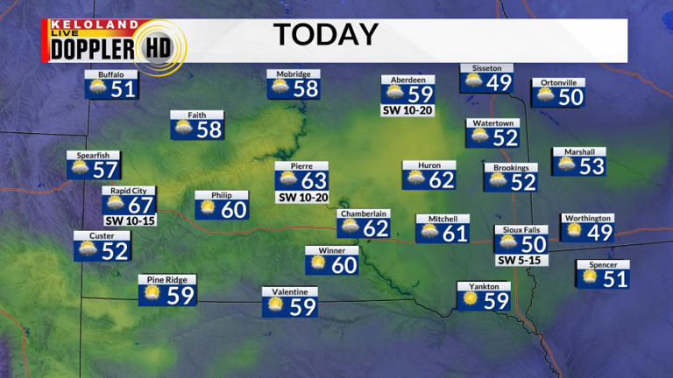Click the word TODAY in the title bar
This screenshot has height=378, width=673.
pyautogui.click(x=326, y=35)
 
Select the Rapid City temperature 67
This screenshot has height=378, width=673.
pyautogui.click(x=140, y=204)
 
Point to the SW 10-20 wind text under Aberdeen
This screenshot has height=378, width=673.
pyautogui.click(x=407, y=111)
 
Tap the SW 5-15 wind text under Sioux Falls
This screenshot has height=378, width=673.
pyautogui.click(x=521, y=261)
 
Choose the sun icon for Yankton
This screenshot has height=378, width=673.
pyautogui.click(x=471, y=299)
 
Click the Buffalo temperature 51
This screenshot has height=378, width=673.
pyautogui.click(x=123, y=89)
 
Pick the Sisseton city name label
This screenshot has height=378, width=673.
pyautogui.click(x=486, y=68)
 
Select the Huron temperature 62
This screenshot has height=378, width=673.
pyautogui.click(x=441, y=180)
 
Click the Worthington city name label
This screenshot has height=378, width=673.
pyautogui.click(x=587, y=218)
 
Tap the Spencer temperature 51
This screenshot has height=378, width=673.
pyautogui.click(x=615, y=279)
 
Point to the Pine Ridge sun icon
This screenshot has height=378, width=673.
pyautogui.click(x=152, y=294)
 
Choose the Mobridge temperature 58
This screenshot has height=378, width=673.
pyautogui.click(x=306, y=89)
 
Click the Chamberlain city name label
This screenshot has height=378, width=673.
pyautogui.click(x=364, y=213)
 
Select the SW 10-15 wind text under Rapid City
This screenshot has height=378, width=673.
pyautogui.click(x=129, y=220)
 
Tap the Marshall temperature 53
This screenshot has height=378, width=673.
pyautogui.click(x=592, y=166)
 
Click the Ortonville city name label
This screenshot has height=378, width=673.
pyautogui.click(x=558, y=83)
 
